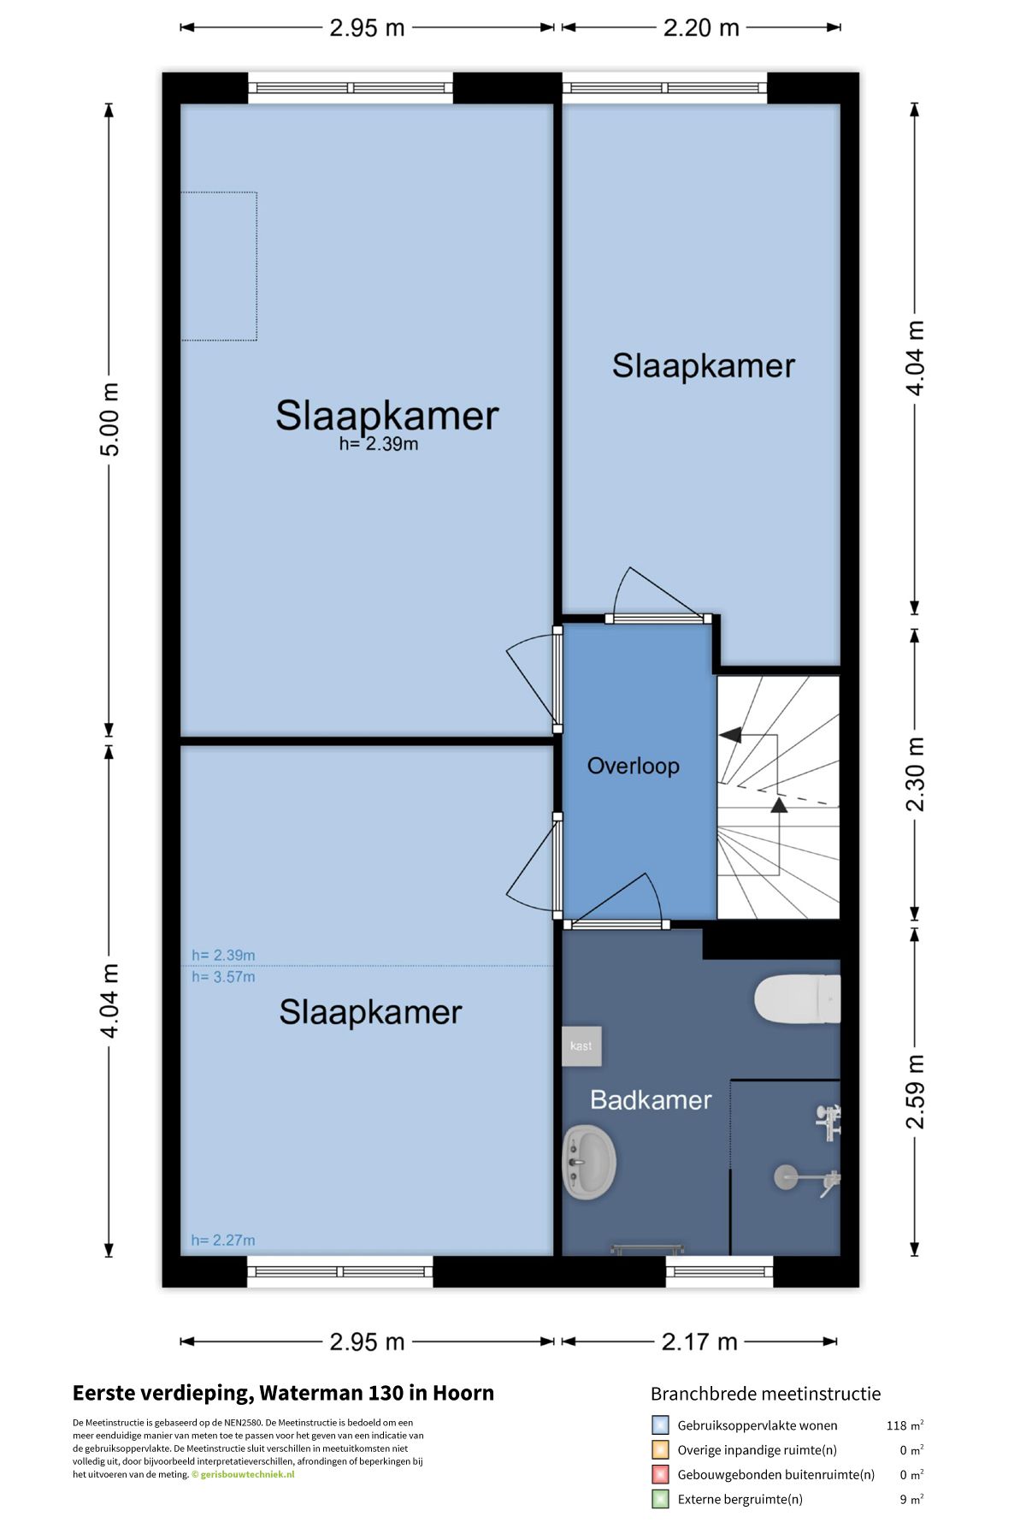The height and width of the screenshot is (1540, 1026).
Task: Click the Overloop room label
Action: [633, 766]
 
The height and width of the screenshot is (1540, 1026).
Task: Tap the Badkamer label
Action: [651, 1100]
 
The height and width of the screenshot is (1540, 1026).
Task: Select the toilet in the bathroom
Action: [797, 998]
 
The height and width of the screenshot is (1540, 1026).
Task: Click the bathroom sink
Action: [589, 1162]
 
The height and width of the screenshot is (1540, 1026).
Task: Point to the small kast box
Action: [581, 1045]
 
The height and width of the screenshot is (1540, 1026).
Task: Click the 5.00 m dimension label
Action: [109, 420]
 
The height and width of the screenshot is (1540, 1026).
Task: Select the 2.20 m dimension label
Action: [701, 27]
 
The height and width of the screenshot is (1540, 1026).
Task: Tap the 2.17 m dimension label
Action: [699, 1342]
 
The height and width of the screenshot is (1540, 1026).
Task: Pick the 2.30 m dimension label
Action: [915, 774]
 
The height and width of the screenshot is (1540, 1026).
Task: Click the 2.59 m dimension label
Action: [915, 1092]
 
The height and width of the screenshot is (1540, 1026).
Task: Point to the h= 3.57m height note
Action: [223, 977]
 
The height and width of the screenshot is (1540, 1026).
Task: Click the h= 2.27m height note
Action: [223, 1240]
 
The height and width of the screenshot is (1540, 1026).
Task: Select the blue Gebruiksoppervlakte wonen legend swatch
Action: [660, 1425]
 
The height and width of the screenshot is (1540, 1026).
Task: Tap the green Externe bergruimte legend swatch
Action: [660, 1499]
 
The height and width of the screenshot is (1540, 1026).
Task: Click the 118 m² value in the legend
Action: [905, 1425]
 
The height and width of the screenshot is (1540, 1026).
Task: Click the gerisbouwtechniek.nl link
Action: [247, 1474]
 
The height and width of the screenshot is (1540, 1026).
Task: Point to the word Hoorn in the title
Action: [463, 1393]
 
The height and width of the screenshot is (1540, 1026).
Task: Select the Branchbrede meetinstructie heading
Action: [765, 1394]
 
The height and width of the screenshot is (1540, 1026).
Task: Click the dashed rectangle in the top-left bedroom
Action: [219, 266]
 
